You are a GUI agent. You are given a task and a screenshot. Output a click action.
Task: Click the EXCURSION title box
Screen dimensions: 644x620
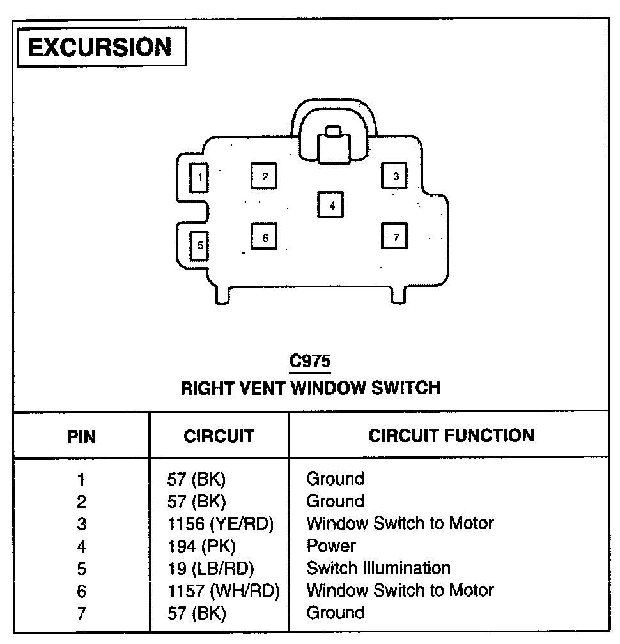pyautogui.click(x=100, y=47)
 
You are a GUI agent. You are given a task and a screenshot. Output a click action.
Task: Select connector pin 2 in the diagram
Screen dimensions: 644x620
pyautogui.click(x=265, y=176)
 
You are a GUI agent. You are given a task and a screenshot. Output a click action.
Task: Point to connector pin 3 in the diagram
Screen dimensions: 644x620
pyautogui.click(x=396, y=176)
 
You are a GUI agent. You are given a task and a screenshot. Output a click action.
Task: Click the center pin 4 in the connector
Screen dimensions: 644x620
pyautogui.click(x=332, y=205)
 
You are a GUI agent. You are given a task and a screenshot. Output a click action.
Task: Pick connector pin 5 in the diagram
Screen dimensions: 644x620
pyautogui.click(x=199, y=245)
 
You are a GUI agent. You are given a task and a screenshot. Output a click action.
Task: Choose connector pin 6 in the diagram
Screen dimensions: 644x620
pyautogui.click(x=265, y=238)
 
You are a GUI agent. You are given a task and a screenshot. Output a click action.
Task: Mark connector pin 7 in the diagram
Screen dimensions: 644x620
pyautogui.click(x=396, y=237)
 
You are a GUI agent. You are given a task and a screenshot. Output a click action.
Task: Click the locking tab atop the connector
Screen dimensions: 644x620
pyautogui.click(x=334, y=144)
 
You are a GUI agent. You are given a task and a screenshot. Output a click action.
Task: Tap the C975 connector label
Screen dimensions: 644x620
pyautogui.click(x=310, y=362)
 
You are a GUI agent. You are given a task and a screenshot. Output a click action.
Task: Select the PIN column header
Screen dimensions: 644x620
pyautogui.click(x=81, y=437)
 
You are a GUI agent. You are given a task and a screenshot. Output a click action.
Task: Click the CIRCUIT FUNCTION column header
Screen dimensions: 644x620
pyautogui.click(x=451, y=436)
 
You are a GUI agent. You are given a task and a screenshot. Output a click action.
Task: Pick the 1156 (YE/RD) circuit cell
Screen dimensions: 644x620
pyautogui.click(x=220, y=524)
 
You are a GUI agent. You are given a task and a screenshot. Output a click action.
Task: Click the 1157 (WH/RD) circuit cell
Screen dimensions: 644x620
pyautogui.click(x=223, y=591)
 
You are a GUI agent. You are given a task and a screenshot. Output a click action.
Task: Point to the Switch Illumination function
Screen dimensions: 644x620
pyautogui.click(x=378, y=568)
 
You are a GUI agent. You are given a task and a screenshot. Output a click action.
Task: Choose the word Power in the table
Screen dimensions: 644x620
pyautogui.click(x=331, y=546)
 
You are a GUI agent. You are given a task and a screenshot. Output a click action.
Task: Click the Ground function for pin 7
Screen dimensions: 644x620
pyautogui.click(x=335, y=613)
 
